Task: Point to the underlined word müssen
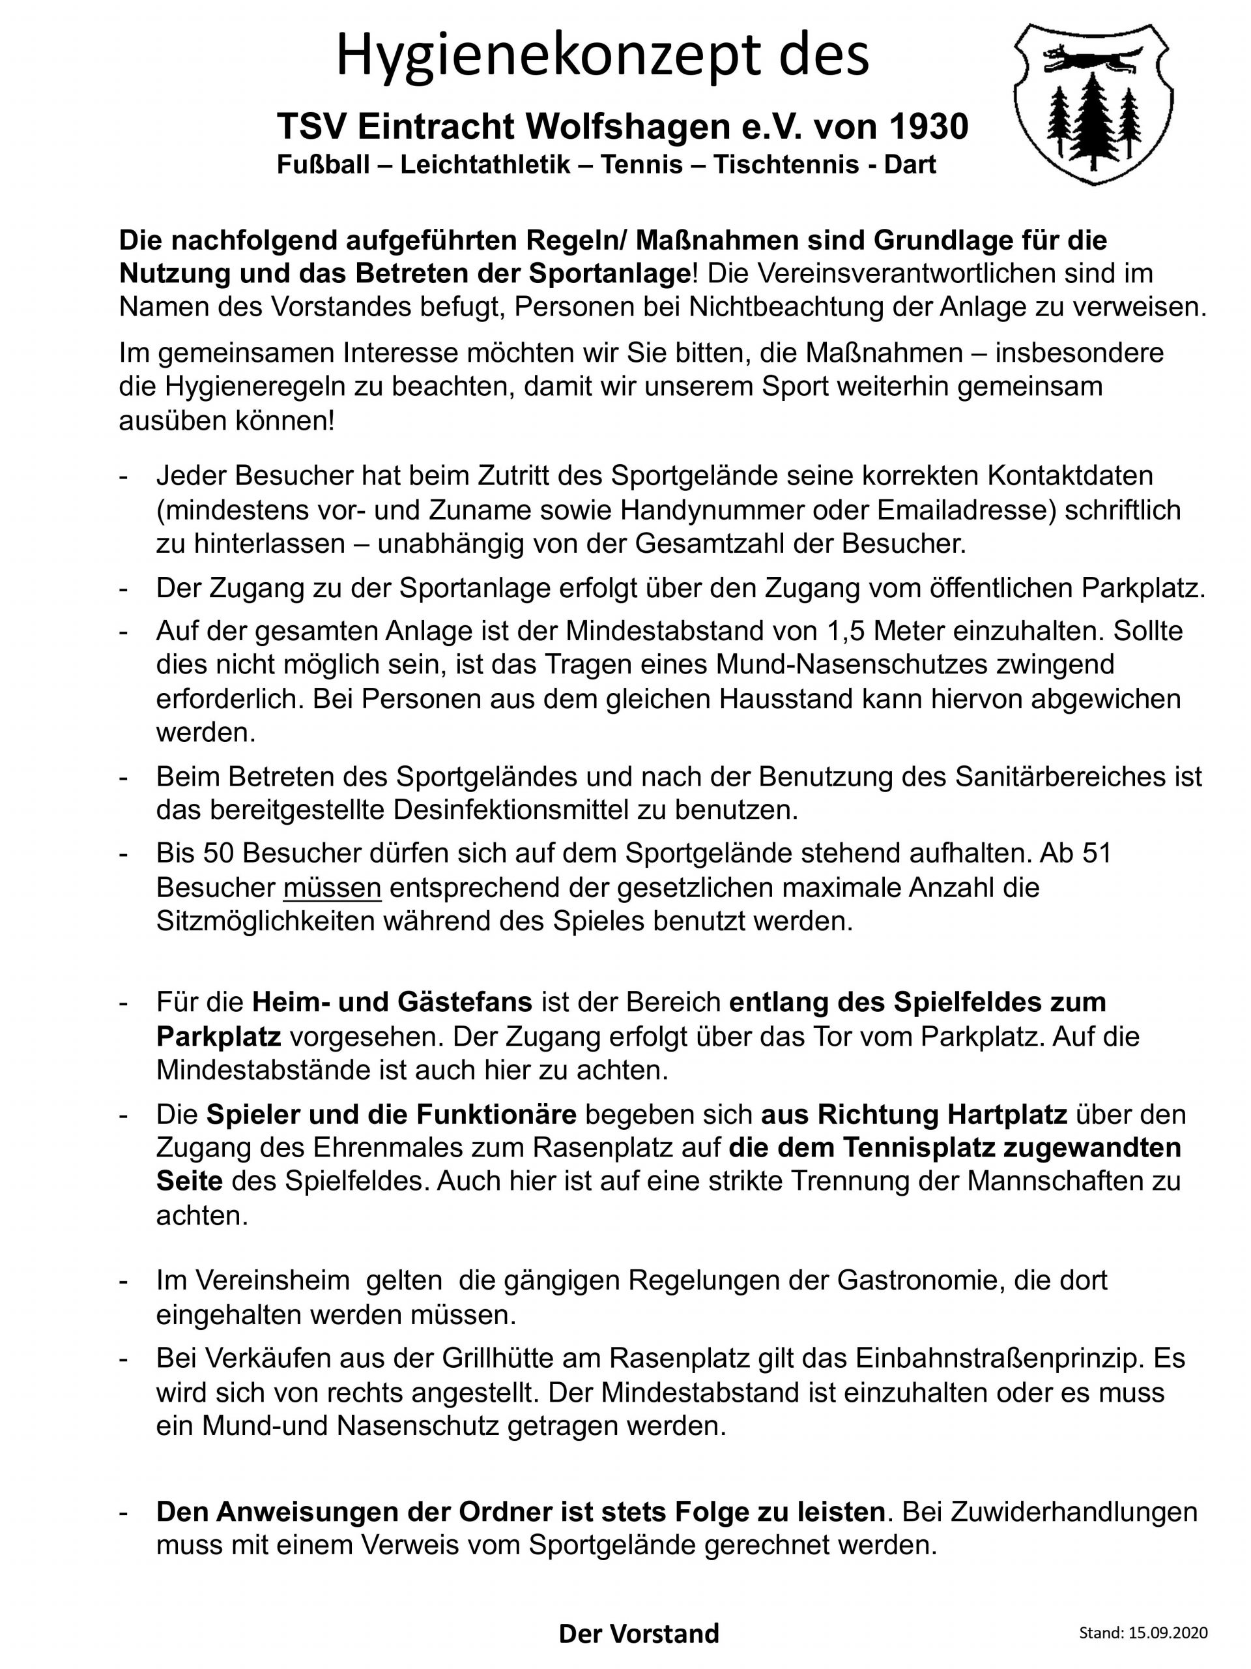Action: click(x=332, y=887)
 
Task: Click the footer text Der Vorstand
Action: click(x=639, y=1634)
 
